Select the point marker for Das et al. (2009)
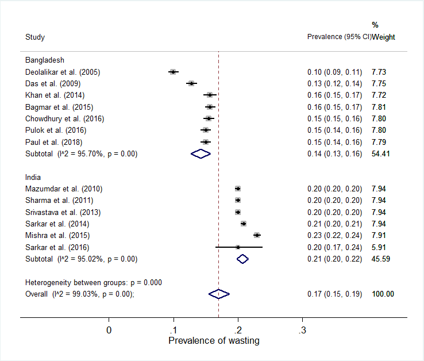(191, 83)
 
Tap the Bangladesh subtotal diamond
(201, 153)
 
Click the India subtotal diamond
(242, 259)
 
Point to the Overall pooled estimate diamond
(219, 294)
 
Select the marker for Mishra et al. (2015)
(257, 235)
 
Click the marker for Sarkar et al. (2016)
(238, 247)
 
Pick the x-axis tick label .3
(302, 330)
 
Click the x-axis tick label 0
(109, 330)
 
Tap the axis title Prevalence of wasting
(214, 341)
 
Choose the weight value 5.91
(379, 247)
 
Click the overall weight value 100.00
(383, 294)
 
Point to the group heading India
(33, 177)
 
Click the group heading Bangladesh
(44, 60)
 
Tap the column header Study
(35, 37)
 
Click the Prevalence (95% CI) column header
(339, 37)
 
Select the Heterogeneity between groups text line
(94, 282)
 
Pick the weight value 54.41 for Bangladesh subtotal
(381, 153)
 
